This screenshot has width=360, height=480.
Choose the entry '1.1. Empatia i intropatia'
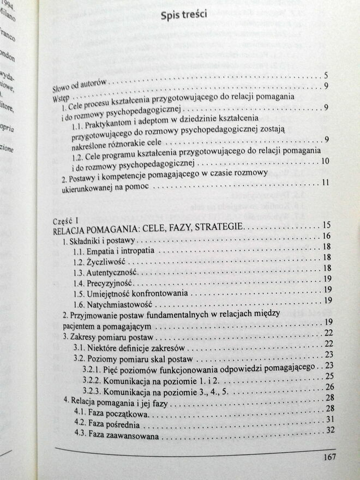113,250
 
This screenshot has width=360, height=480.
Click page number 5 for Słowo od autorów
325,76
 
